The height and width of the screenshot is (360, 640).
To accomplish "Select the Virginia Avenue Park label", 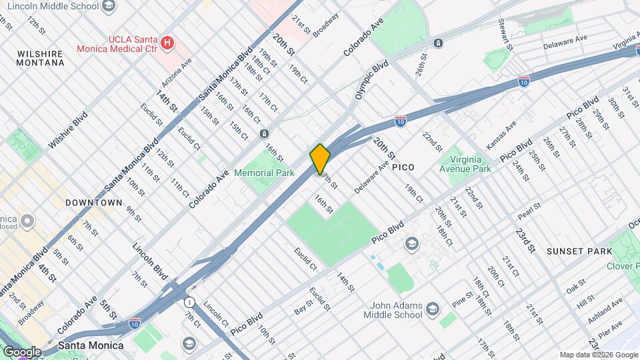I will coord(465,164).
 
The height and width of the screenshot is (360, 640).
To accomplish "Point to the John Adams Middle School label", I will coord(394,309).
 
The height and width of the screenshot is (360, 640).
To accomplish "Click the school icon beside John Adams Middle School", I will coord(433,308).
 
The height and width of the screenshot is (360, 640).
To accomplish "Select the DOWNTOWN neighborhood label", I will coord(94,202).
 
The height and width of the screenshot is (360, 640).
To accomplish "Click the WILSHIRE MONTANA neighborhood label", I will coord(41,57).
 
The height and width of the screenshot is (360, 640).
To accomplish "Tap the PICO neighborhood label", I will coord(403,167).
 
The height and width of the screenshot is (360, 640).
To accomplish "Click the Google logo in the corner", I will coord(22,351).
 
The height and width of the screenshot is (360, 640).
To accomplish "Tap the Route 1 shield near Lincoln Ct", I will coord(190,301).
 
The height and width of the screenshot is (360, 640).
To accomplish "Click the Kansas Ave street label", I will coord(501,135).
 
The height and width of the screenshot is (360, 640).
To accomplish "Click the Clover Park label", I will coord(623,266).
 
